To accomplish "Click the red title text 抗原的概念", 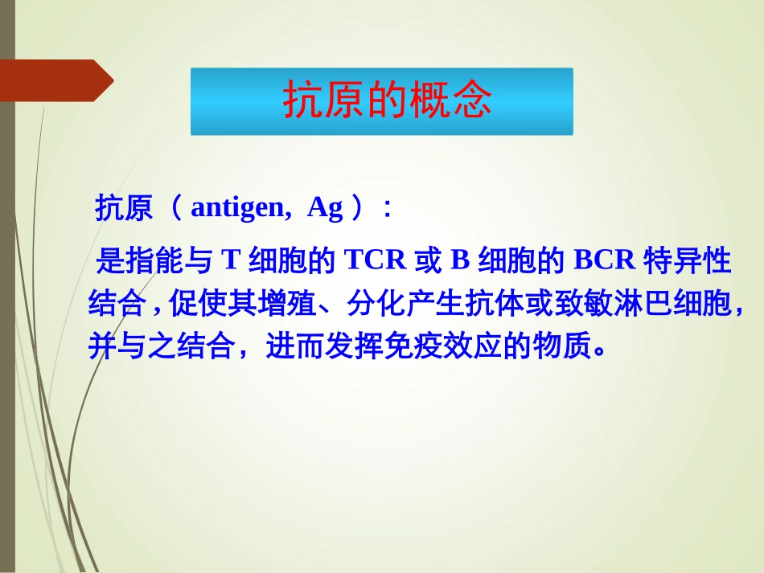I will pyautogui.click(x=387, y=100).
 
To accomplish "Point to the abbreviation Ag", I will pyautogui.click(x=325, y=208).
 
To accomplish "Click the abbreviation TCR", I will pyautogui.click(x=376, y=260).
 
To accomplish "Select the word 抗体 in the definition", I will pyautogui.click(x=498, y=304).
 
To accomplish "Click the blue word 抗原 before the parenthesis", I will pyautogui.click(x=124, y=209).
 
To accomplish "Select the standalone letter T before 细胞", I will pyautogui.click(x=231, y=260).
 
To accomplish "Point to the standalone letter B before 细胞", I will pyautogui.click(x=459, y=260).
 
